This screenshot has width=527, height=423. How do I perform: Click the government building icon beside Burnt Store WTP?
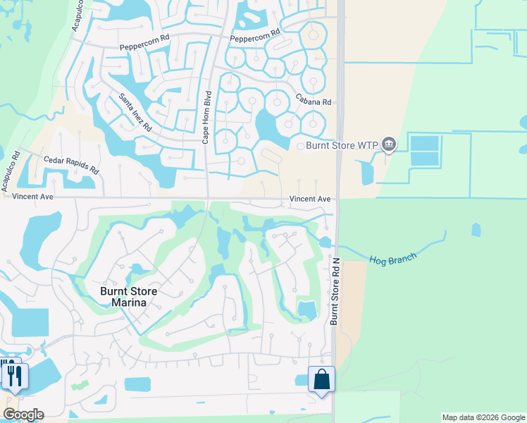pyautogui.click(x=389, y=145)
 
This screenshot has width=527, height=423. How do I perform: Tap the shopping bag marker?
pyautogui.click(x=321, y=379)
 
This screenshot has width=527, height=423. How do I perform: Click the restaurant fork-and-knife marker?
pyautogui.click(x=13, y=374)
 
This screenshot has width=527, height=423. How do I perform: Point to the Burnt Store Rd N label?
pyautogui.click(x=335, y=290)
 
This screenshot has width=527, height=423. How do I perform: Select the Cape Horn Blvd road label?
pyautogui.click(x=207, y=118)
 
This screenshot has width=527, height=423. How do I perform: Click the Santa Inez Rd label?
pyautogui.click(x=135, y=113)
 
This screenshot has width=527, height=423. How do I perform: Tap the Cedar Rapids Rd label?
pyautogui.click(x=71, y=165)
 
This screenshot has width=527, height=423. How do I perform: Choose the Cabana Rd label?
pyautogui.click(x=313, y=101)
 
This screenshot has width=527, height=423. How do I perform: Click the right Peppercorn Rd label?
pyautogui.click(x=255, y=32)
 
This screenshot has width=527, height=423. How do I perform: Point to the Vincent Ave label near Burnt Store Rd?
pyautogui.click(x=310, y=200)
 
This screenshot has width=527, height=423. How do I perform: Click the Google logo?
pyautogui.click(x=23, y=415)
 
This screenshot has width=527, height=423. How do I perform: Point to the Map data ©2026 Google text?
pyautogui.click(x=483, y=417)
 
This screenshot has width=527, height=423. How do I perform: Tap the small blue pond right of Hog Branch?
pyautogui.click(x=476, y=230)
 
